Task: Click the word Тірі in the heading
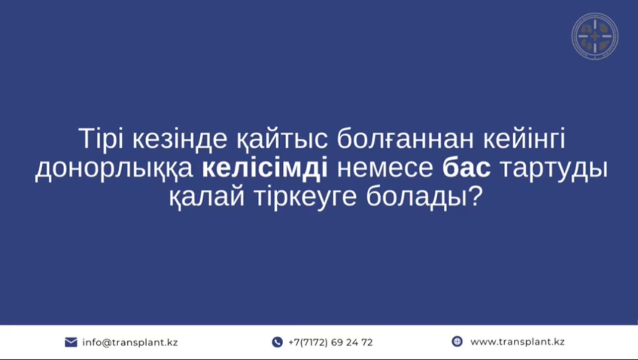(x=100, y=139)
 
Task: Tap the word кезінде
(x=180, y=139)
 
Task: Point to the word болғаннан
(x=405, y=139)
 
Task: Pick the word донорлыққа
(x=114, y=169)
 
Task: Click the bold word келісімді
(x=265, y=169)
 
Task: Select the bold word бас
(x=467, y=169)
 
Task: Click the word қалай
(x=207, y=198)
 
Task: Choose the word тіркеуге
(x=305, y=198)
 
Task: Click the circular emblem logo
(x=595, y=36)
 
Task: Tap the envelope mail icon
(x=71, y=342)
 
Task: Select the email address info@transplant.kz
(x=130, y=342)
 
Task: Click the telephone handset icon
(x=277, y=342)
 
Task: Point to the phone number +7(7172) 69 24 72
(x=330, y=342)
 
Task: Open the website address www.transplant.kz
(x=517, y=342)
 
